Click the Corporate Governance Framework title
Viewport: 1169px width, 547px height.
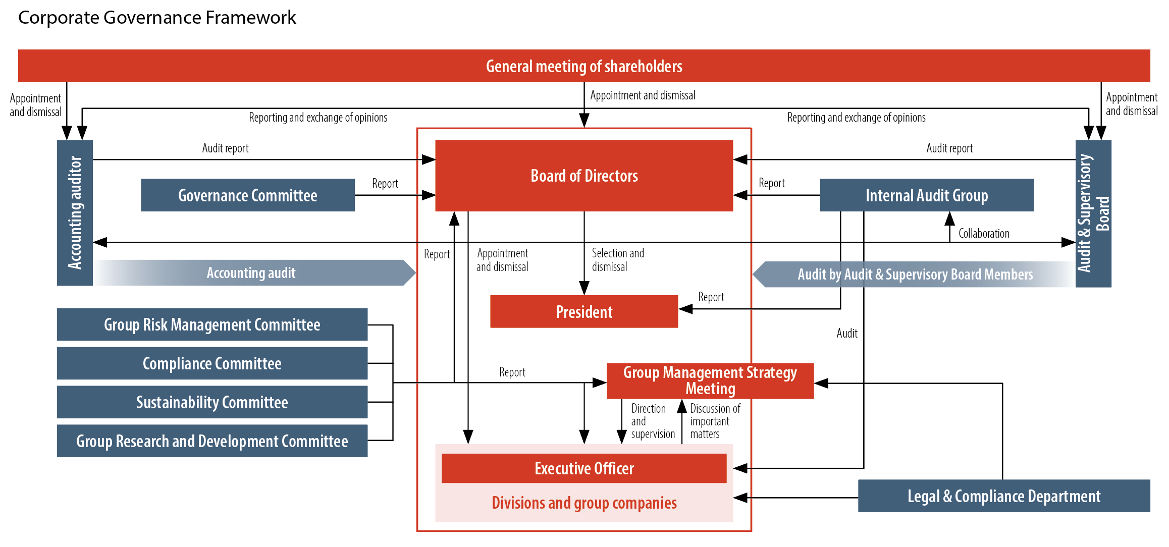coord(157,18)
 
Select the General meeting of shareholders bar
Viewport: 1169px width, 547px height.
coord(584,66)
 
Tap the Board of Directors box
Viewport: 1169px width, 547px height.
coord(584,176)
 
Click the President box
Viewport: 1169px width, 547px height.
coord(584,312)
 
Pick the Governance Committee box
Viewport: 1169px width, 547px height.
coord(247,195)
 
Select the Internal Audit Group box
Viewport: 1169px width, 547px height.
coord(926,195)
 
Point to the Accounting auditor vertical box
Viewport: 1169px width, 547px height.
coord(75,212)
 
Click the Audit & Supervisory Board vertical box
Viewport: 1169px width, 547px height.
coord(1093,213)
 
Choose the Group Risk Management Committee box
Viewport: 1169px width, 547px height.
coord(212,324)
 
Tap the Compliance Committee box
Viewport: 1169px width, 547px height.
coord(212,363)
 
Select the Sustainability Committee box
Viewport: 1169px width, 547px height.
coord(212,402)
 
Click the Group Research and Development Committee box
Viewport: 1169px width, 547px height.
coord(212,441)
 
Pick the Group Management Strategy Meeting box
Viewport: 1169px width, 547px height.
coord(710,380)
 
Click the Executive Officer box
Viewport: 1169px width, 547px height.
coord(584,468)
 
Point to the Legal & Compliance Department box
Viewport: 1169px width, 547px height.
coord(1003,496)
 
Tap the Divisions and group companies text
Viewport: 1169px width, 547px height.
coord(584,503)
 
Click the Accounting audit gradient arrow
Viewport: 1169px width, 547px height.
coord(251,273)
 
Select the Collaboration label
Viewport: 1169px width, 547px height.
coord(983,234)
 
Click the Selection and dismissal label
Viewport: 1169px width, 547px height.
coord(617,260)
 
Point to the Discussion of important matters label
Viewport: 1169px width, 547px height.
coord(714,421)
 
